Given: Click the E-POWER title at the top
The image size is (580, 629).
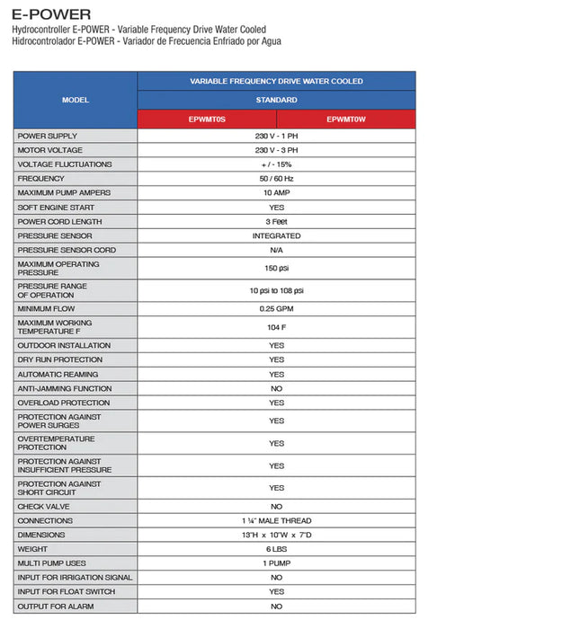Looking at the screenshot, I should coord(51,14).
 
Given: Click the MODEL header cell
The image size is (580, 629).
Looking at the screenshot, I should coord(76,100).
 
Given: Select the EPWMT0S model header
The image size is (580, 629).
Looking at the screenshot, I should coord(207,119).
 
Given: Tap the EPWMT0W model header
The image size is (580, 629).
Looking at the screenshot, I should coord(346,119).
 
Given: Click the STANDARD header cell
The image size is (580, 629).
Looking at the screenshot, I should coord(276,100).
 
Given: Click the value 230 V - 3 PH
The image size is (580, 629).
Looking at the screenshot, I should coord(276,150).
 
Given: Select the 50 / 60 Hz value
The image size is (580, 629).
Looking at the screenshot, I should coord(276,179).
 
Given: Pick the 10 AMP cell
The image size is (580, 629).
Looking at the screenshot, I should coord(276,193).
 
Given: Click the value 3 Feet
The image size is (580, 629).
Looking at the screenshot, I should coord(276,222).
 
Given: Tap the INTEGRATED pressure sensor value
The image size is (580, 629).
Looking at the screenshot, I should coord(276,236).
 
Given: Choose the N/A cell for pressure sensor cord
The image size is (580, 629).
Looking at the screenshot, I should coord(276,251).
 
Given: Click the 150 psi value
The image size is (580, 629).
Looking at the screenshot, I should coord(276,269).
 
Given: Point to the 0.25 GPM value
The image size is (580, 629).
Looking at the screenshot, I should coord(276,309).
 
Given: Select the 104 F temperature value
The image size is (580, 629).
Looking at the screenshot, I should coord(276,327).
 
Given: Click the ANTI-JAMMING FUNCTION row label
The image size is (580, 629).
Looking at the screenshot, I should coord(65,389).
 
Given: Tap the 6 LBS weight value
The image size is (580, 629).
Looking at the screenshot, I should coord(276,549).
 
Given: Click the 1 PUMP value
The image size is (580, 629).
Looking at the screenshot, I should coord(276,563).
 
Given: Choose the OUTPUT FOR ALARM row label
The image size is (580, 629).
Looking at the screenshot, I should coord(56,607).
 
